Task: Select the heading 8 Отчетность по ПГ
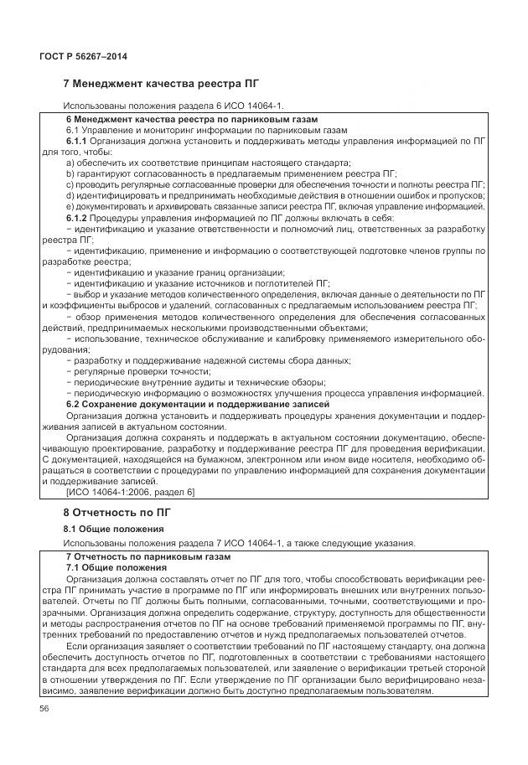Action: click(117, 511)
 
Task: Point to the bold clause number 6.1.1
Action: click(77, 142)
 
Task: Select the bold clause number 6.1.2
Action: click(77, 218)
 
